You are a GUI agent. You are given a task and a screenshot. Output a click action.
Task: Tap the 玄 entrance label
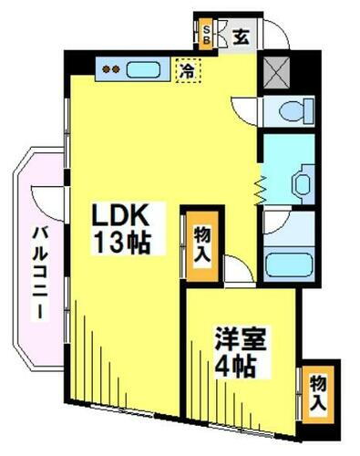pos(240,37)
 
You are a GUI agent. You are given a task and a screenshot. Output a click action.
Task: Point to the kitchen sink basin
pos(142,69)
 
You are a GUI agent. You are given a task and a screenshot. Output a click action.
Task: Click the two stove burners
pos(110,69)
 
